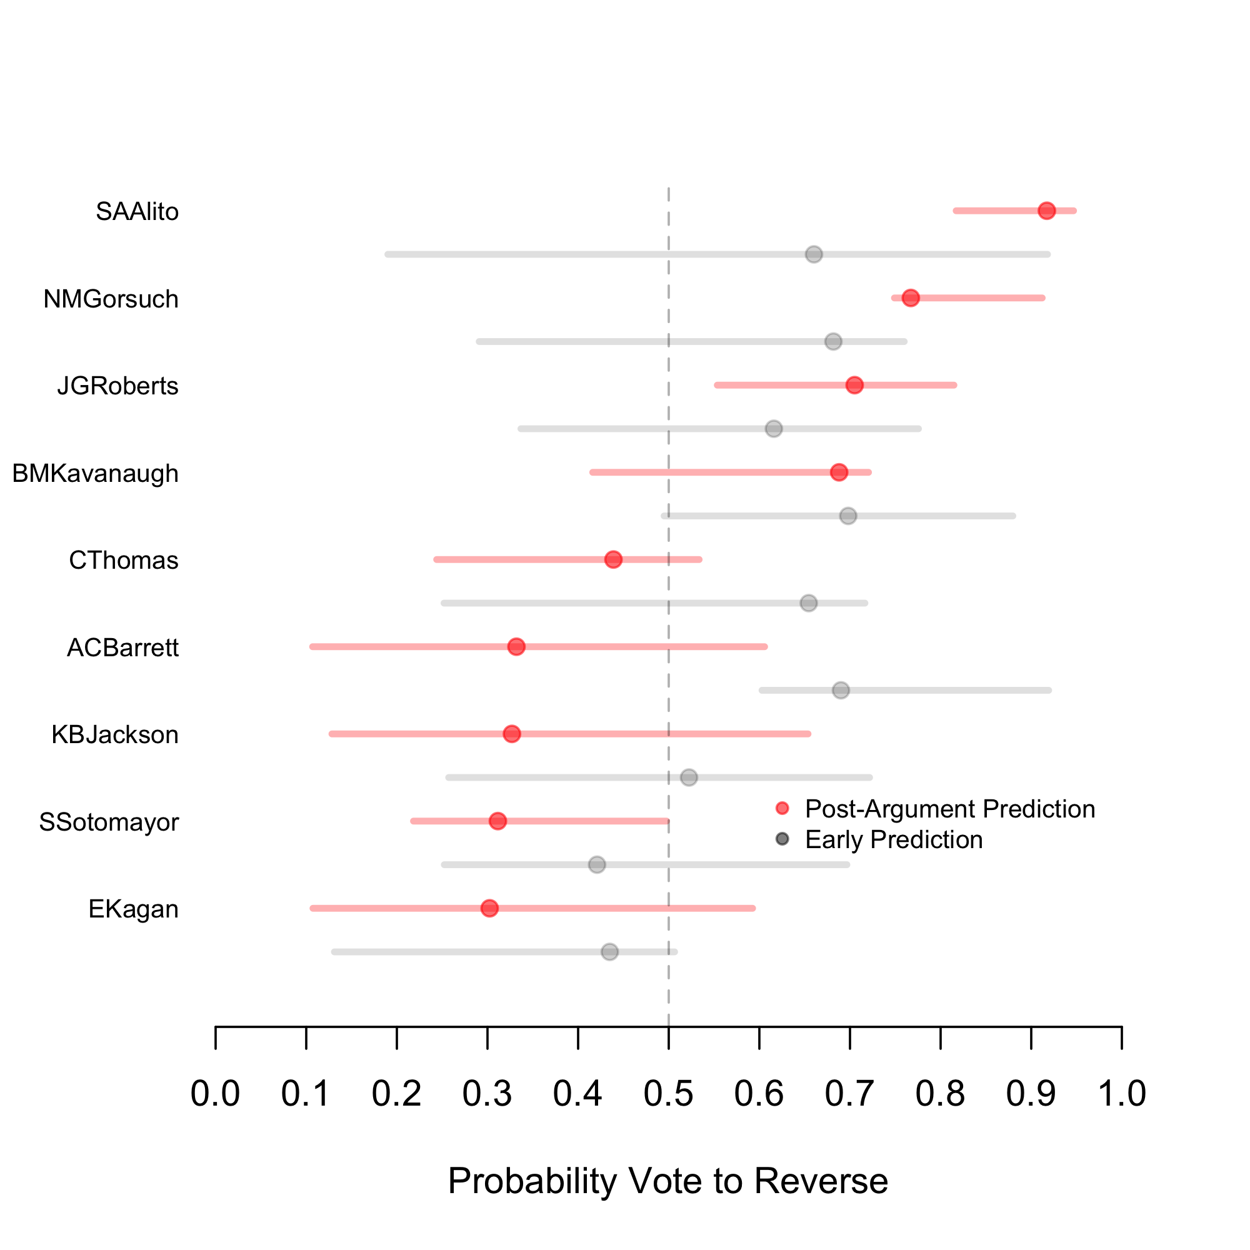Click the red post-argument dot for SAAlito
coord(1047,211)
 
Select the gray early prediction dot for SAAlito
coord(814,254)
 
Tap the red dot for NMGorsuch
coord(911,298)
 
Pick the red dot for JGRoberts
coord(854,386)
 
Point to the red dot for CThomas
coord(613,559)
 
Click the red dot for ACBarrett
coord(516,647)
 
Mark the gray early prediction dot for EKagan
coord(609,952)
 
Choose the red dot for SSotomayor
coord(497,821)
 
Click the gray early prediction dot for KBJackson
coord(689,777)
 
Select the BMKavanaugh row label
coord(96,474)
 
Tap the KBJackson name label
coord(115,735)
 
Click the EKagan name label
coord(133,909)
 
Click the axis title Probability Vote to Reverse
coord(667,1180)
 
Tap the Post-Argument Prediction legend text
coord(950,809)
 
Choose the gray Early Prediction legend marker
coord(782,839)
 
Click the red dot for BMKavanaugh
coord(839,472)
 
